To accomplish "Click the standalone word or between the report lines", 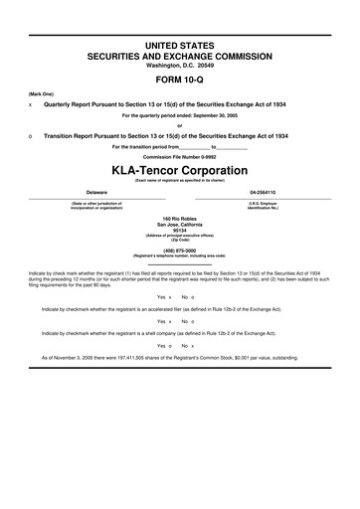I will [180, 124].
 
